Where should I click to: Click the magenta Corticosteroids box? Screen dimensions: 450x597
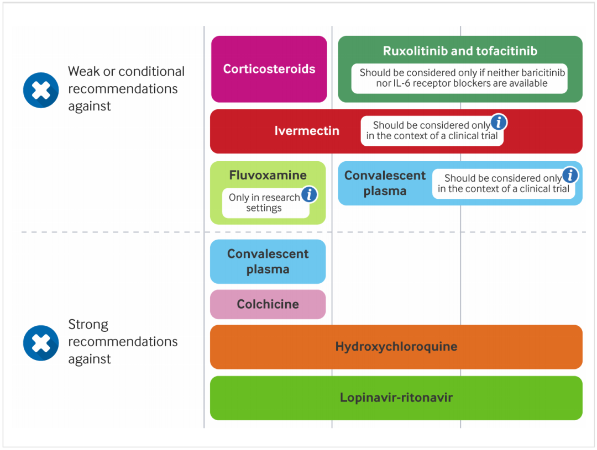(x=269, y=69)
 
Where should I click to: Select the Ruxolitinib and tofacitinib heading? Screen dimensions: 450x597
(x=460, y=51)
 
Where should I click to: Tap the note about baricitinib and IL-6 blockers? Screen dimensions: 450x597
(x=459, y=78)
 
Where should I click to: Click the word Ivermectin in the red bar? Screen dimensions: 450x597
(x=307, y=131)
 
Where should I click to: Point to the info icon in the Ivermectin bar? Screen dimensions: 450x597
(x=499, y=122)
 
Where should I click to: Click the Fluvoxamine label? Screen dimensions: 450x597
(x=268, y=176)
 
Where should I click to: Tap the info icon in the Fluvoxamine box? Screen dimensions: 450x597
(x=310, y=194)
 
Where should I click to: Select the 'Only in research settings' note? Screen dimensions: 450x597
(x=264, y=203)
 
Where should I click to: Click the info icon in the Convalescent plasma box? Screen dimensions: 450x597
(x=570, y=176)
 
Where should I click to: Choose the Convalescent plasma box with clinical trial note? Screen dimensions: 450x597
(x=385, y=183)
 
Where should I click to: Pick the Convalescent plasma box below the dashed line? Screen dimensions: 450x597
(x=268, y=262)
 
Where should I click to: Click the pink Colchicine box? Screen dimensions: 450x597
(x=268, y=304)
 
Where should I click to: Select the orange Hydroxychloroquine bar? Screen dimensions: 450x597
(x=396, y=347)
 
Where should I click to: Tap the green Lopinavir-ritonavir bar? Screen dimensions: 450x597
(x=396, y=398)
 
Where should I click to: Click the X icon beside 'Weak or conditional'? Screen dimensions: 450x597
(x=41, y=90)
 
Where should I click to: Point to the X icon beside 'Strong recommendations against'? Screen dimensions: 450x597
(x=41, y=343)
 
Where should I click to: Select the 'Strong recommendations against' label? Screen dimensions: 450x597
(x=123, y=341)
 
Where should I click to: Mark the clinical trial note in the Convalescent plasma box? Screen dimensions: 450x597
(x=503, y=184)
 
